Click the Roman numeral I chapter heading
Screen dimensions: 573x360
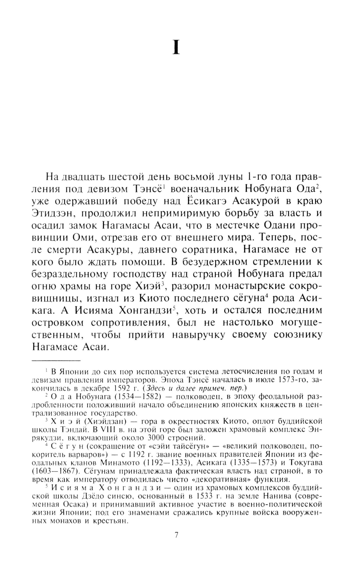click(x=176, y=47)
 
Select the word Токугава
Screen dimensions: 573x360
click(x=305, y=462)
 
